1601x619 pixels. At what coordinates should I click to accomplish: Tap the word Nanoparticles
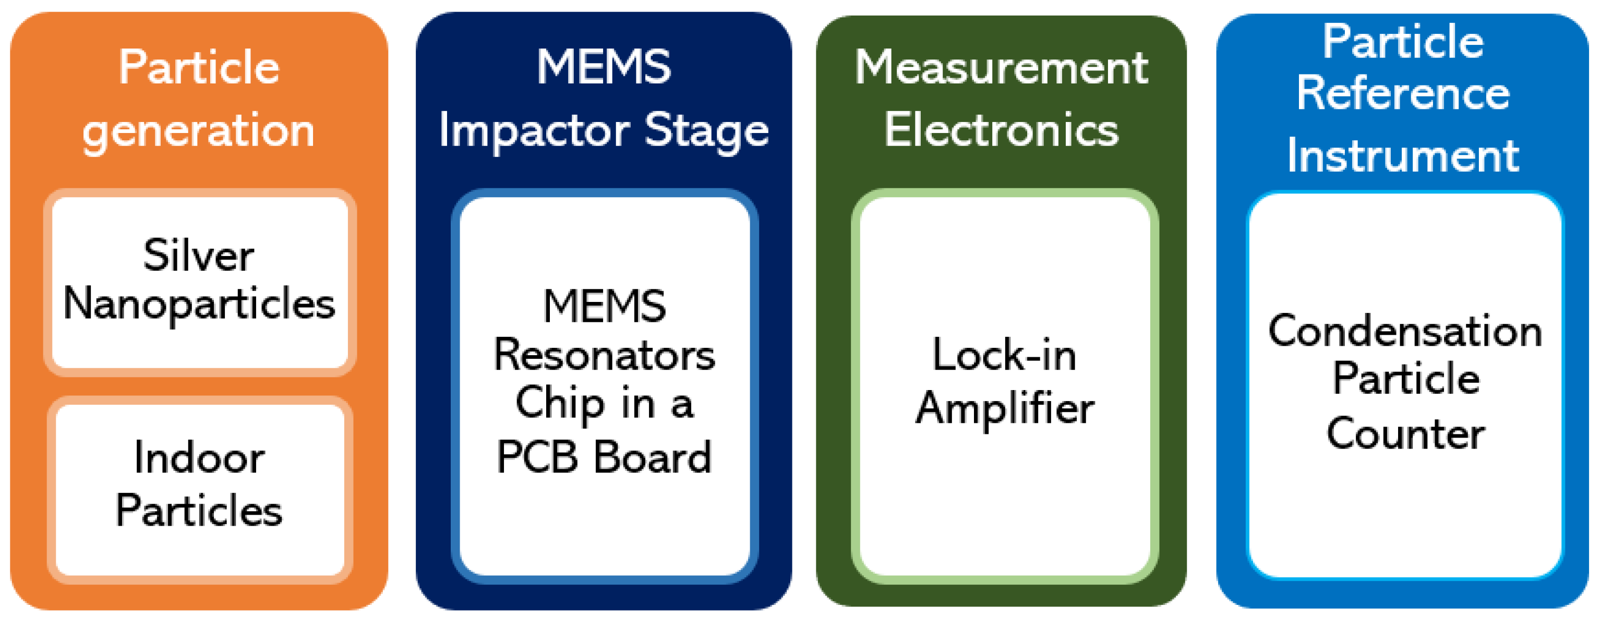(x=199, y=305)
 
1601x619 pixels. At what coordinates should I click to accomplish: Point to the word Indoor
(x=199, y=457)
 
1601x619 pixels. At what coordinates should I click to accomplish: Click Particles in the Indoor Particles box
(x=199, y=511)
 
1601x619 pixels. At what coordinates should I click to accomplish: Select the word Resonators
(x=604, y=356)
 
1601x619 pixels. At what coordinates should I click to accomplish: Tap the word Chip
(x=559, y=404)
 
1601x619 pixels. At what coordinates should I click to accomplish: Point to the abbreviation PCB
(x=538, y=457)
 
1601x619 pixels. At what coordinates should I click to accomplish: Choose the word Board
(x=653, y=457)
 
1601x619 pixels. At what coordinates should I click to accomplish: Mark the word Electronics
(x=1001, y=130)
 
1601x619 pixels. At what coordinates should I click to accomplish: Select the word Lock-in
(x=1004, y=356)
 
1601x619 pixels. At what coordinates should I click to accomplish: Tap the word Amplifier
(x=1004, y=409)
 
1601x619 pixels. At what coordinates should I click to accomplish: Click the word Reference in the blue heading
(x=1403, y=93)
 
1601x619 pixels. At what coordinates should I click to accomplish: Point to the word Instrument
(x=1403, y=155)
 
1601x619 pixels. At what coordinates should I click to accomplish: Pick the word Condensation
(x=1405, y=331)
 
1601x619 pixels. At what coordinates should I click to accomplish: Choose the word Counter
(x=1405, y=434)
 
